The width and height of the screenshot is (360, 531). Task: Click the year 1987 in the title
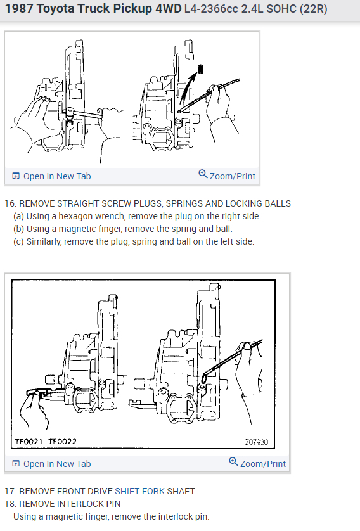click(x=20, y=10)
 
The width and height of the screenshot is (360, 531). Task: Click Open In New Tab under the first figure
click(x=57, y=176)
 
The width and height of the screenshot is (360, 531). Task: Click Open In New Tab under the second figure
click(x=57, y=464)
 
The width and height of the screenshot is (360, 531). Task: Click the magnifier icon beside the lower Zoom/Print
click(x=233, y=463)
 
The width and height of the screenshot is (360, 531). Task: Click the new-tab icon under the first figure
click(x=16, y=176)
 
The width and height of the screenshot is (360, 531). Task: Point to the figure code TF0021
click(x=29, y=441)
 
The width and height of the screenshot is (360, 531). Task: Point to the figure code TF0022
click(x=61, y=441)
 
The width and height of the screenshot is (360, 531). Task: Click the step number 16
click(x=10, y=203)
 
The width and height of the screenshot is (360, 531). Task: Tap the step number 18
click(x=10, y=504)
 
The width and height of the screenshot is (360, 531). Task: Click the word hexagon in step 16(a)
click(x=78, y=216)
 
